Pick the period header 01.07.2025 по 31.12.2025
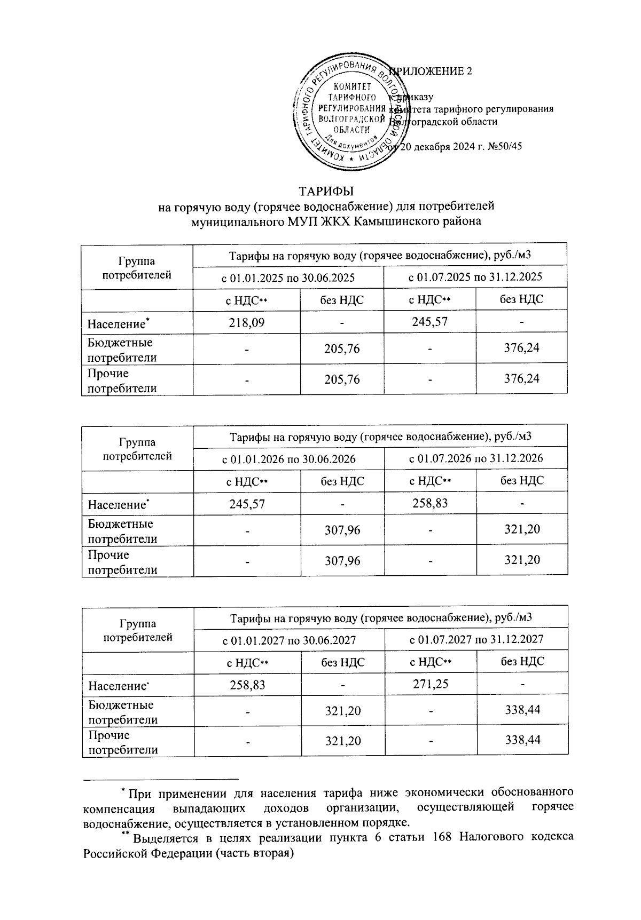point(475,277)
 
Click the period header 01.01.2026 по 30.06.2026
point(289,459)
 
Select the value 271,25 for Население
point(431,684)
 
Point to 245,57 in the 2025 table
point(429,322)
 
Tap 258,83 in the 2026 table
point(430,503)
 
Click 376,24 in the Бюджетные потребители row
point(521,348)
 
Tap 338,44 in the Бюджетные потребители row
point(522,710)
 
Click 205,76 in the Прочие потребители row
point(342,379)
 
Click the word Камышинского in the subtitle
point(393,221)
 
